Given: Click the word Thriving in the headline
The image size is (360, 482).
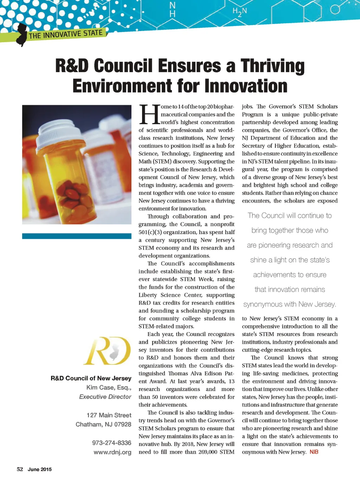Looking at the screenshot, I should point(272,66).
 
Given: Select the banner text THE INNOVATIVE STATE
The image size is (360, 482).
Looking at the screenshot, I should point(66,34).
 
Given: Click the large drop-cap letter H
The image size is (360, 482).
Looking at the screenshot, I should point(149,114).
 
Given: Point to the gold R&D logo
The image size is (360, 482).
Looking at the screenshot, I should point(108,351).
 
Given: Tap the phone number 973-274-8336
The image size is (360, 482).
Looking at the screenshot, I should point(111,443).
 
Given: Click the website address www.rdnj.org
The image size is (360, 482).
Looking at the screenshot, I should point(112,452).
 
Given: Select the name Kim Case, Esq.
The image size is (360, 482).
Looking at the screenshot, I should point(109,387).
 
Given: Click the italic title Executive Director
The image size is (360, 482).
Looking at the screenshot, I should point(105,397).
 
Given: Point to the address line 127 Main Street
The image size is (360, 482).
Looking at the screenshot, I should point(109,415).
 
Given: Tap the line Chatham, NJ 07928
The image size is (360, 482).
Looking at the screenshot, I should point(103,424).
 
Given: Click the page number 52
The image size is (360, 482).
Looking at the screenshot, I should point(20,469).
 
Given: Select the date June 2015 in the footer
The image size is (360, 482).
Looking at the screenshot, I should point(40,469).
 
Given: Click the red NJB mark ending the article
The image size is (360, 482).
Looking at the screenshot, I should point(314,452).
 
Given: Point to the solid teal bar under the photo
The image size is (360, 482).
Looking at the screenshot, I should point(77,236).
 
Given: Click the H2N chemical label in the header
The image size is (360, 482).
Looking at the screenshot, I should point(239,12).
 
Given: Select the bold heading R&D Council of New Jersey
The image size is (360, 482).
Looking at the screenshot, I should point(91,378).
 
